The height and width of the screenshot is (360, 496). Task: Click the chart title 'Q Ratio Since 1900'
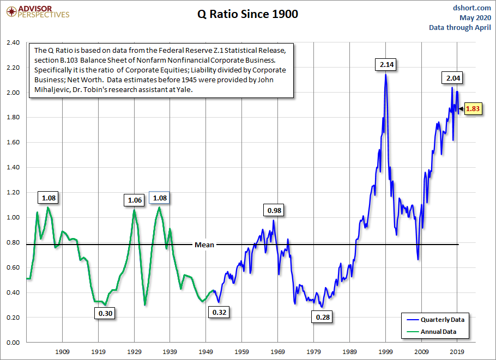pos(247,15)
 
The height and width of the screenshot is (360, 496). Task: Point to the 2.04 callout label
pos(453,79)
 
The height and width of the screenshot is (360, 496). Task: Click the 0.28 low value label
pos(323,317)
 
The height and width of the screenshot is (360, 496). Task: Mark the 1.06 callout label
pos(134,200)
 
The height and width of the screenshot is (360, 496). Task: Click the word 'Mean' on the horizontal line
pos(204,245)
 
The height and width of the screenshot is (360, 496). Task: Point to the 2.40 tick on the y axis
pos(13,42)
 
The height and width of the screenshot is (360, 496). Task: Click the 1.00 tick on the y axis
pos(13,217)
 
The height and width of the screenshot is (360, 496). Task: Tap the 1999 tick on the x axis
pos(386,352)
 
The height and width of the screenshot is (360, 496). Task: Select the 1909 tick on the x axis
pos(63,352)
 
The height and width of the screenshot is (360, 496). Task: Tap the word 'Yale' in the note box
pos(185,90)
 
